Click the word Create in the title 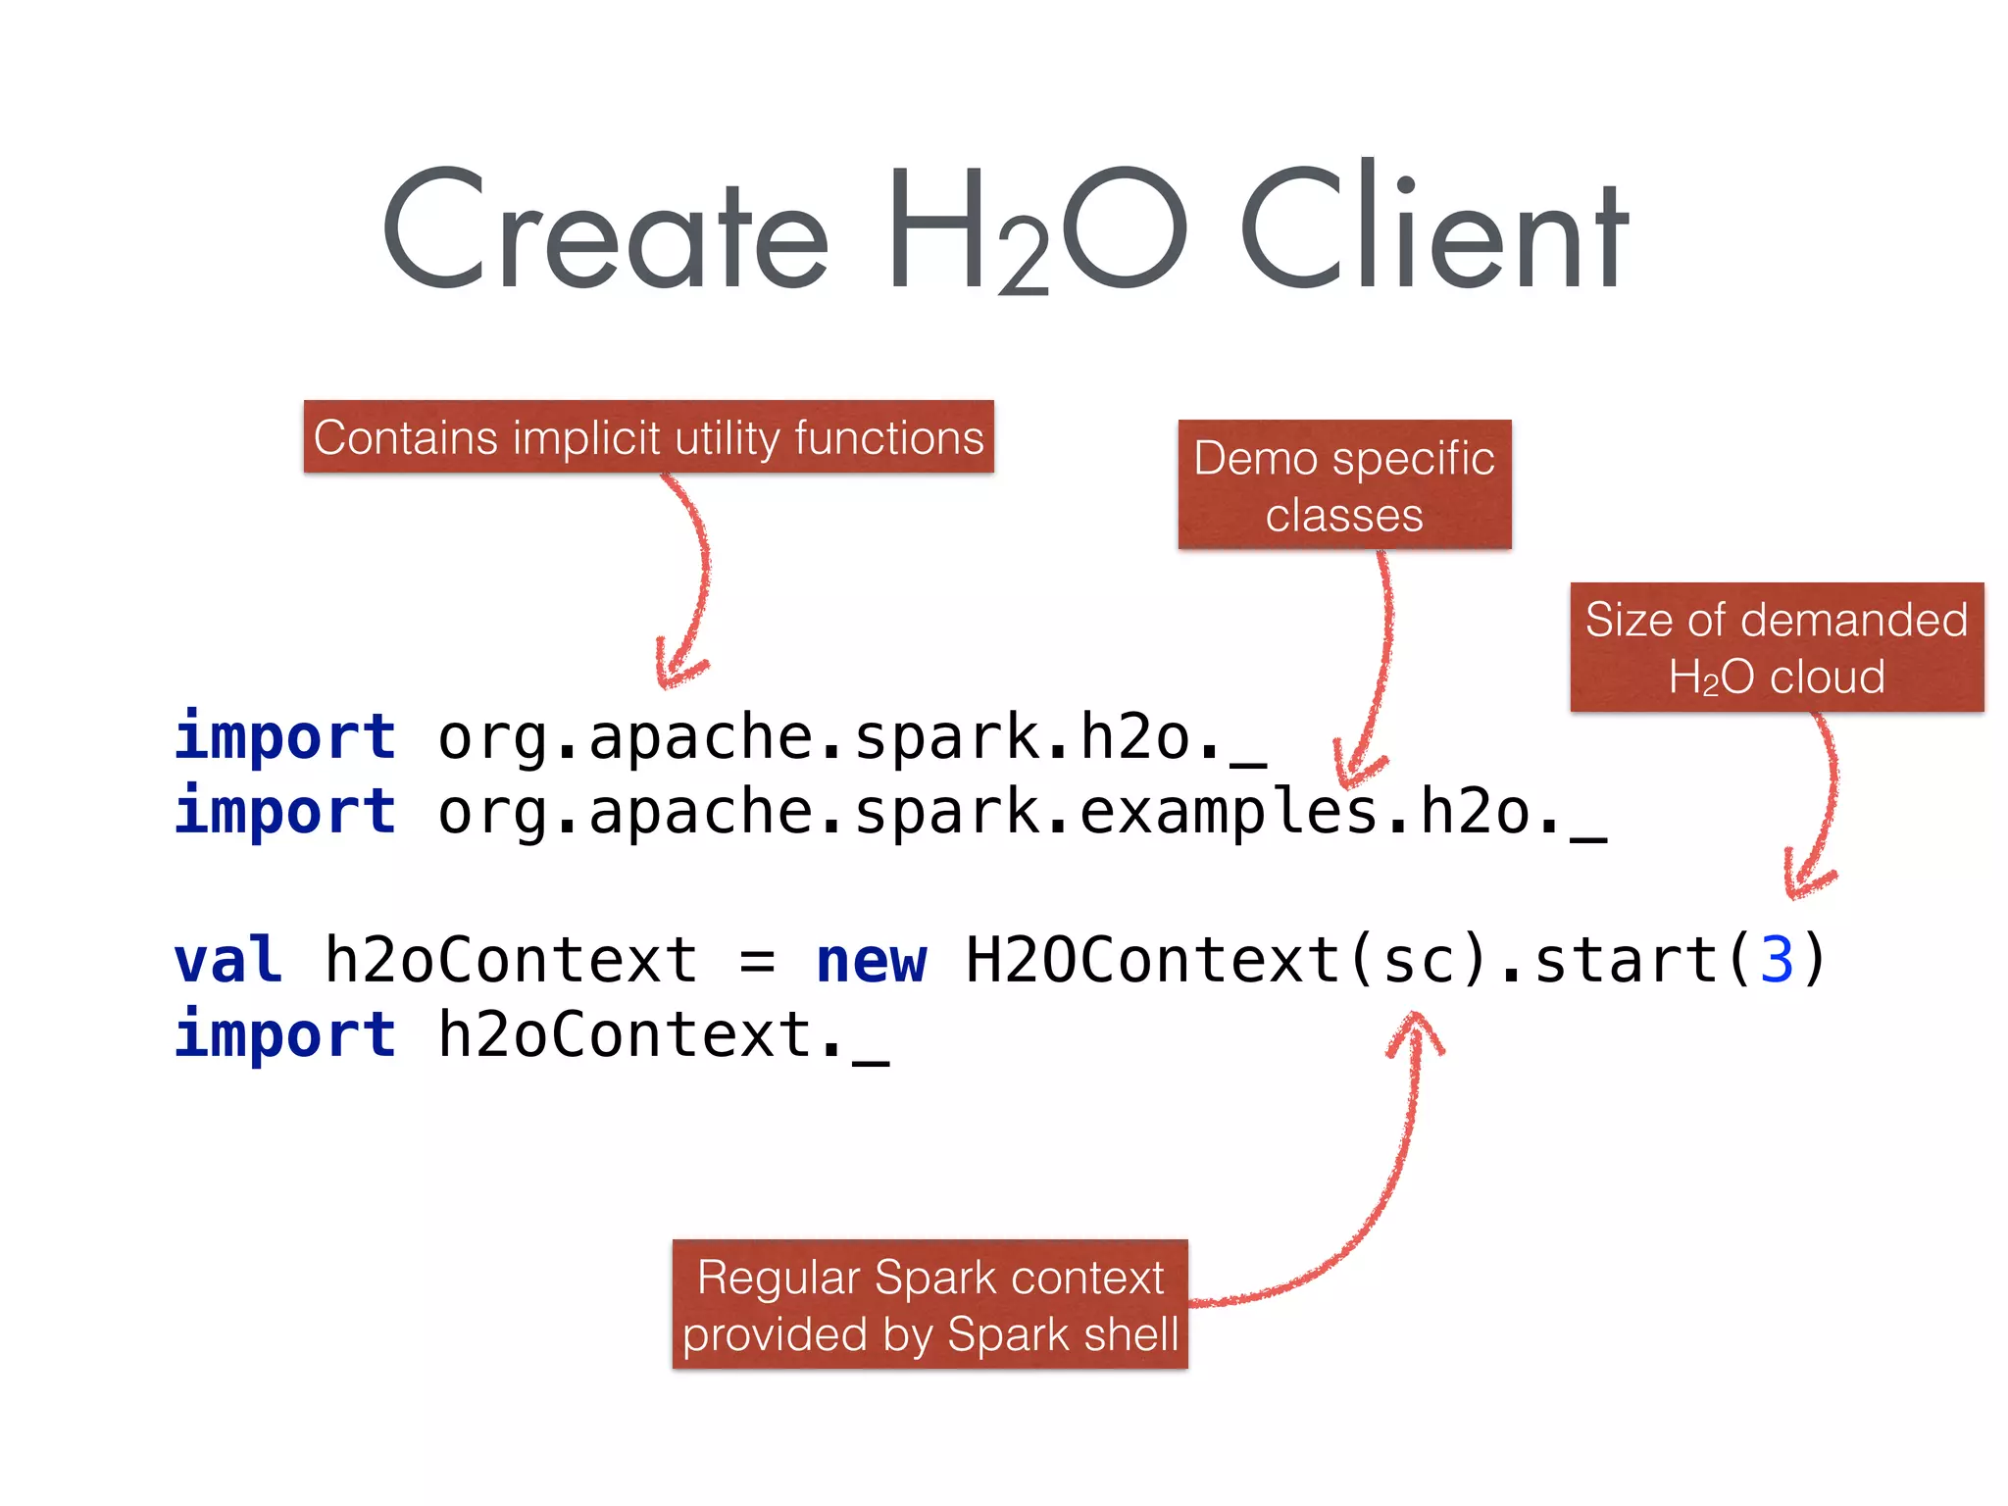click(606, 230)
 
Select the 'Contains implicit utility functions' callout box click(648, 437)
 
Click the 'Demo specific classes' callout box click(1344, 485)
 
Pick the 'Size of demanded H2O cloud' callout click(1776, 647)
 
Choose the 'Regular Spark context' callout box click(929, 1305)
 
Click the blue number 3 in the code click(1777, 960)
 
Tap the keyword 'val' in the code click(228, 960)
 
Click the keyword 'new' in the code click(871, 960)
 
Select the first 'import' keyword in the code click(285, 736)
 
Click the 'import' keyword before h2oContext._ click(285, 1034)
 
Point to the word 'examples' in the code click(1229, 812)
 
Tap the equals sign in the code click(758, 962)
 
